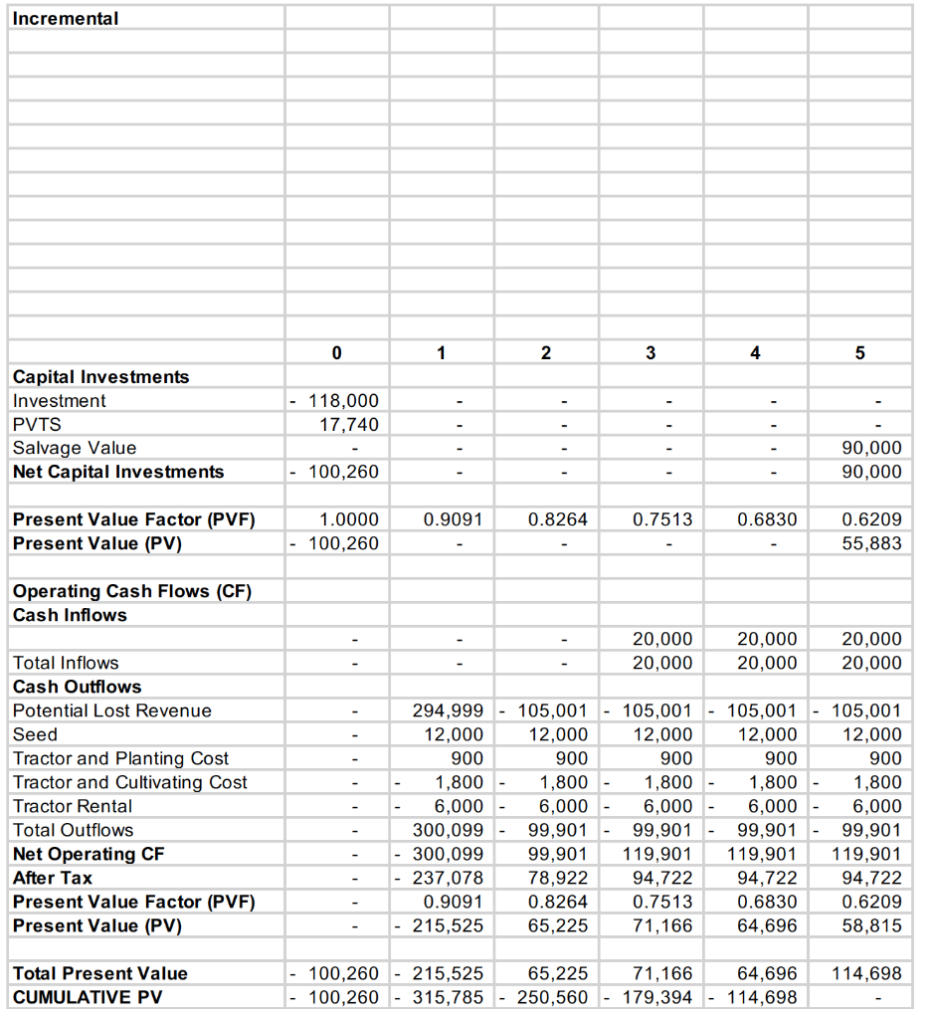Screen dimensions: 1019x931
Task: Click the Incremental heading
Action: (66, 18)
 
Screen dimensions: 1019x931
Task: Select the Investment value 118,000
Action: (344, 400)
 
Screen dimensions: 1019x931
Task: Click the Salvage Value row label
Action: (75, 448)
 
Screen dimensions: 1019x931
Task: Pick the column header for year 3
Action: (651, 352)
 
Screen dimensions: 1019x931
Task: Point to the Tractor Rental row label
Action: (73, 806)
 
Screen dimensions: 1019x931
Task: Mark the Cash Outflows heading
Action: (78, 687)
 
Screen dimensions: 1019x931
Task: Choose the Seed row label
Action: (35, 734)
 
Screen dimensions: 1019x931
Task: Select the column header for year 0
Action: (336, 352)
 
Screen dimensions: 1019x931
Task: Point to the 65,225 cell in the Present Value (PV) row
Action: (557, 925)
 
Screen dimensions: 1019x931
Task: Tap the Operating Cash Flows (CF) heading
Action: (132, 591)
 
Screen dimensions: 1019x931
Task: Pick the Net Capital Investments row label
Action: (118, 472)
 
